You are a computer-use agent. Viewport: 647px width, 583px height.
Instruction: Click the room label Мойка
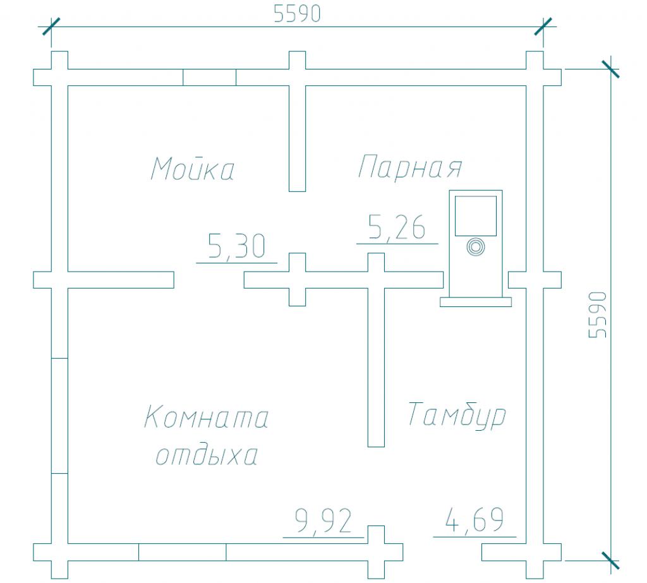pyautogui.click(x=193, y=169)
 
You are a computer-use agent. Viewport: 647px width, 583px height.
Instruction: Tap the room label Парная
pyautogui.click(x=410, y=167)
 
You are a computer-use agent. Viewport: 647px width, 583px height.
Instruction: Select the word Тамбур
pyautogui.click(x=457, y=414)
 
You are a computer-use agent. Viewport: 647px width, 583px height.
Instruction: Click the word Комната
pyautogui.click(x=207, y=417)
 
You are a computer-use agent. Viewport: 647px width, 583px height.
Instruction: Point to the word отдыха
pyautogui.click(x=207, y=455)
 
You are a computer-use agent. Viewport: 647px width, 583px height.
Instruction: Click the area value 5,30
pyautogui.click(x=236, y=246)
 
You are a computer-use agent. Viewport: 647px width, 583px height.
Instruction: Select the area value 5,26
pyautogui.click(x=397, y=227)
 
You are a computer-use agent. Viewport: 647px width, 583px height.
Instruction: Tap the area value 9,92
pyautogui.click(x=323, y=520)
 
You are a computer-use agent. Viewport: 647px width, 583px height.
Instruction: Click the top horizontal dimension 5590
pyautogui.click(x=297, y=14)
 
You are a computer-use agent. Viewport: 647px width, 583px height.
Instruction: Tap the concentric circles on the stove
pyautogui.click(x=475, y=247)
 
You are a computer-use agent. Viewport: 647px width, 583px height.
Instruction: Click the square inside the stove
pyautogui.click(x=476, y=216)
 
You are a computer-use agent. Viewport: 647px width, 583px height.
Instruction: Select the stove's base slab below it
pyautogui.click(x=476, y=302)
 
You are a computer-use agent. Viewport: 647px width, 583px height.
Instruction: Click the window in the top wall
pyautogui.click(x=210, y=77)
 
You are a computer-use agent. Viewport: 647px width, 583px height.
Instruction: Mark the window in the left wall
pyautogui.click(x=59, y=416)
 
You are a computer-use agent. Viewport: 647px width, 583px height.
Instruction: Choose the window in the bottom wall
pyautogui.click(x=183, y=552)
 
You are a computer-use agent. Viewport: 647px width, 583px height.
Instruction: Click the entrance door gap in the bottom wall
pyautogui.click(x=442, y=552)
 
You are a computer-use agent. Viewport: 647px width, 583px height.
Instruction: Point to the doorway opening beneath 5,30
pyautogui.click(x=209, y=280)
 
